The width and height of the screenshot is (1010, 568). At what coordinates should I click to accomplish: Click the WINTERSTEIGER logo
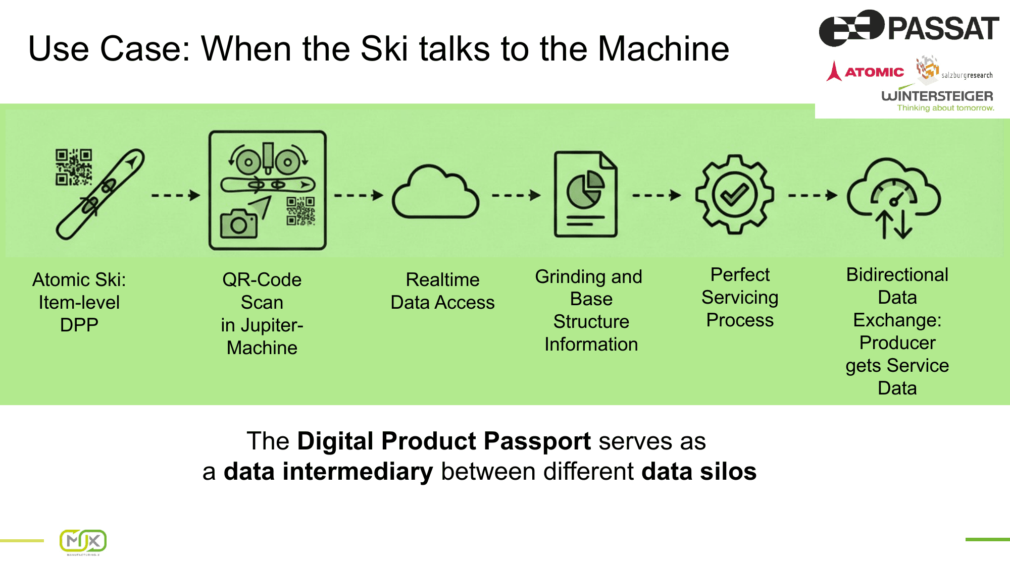tap(937, 96)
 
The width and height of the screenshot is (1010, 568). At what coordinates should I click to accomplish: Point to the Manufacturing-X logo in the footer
tap(83, 542)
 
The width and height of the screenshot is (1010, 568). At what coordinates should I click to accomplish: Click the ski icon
tap(101, 194)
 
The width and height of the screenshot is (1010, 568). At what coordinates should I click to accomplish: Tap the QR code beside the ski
tap(73, 167)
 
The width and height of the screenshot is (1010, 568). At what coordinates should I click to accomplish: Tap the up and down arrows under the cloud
tap(893, 224)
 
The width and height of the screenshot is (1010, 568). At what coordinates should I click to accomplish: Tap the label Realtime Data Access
tap(442, 291)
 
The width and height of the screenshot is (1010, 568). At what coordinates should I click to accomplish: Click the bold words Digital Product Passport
tap(444, 441)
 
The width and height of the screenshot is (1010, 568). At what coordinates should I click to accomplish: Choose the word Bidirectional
tap(897, 275)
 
